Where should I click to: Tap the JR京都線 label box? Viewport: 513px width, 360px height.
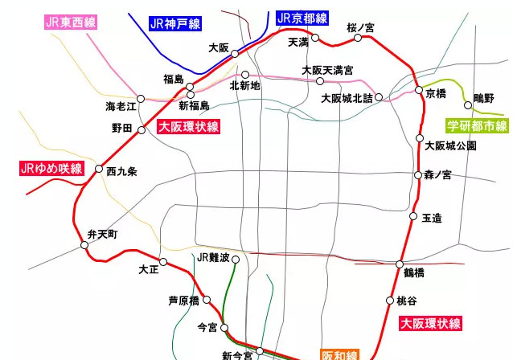[302, 18]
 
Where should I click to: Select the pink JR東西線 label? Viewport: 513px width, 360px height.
[72, 22]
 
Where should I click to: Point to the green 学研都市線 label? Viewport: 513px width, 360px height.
[478, 125]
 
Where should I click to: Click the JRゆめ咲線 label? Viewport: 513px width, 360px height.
[51, 168]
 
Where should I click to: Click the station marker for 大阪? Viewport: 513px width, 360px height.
[235, 54]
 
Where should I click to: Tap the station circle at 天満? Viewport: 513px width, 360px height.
[315, 37]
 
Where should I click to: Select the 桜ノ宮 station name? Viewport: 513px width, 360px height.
[360, 27]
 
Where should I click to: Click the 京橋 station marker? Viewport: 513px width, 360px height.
[419, 90]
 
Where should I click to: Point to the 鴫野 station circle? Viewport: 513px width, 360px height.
[468, 104]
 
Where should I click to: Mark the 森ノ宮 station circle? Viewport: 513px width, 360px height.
[418, 174]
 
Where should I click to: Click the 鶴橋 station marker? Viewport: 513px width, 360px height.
[400, 264]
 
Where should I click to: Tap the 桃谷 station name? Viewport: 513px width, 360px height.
[407, 301]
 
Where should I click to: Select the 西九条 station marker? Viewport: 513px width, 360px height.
[99, 170]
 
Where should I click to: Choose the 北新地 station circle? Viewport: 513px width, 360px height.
[245, 75]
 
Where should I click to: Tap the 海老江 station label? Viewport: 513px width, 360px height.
[121, 106]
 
